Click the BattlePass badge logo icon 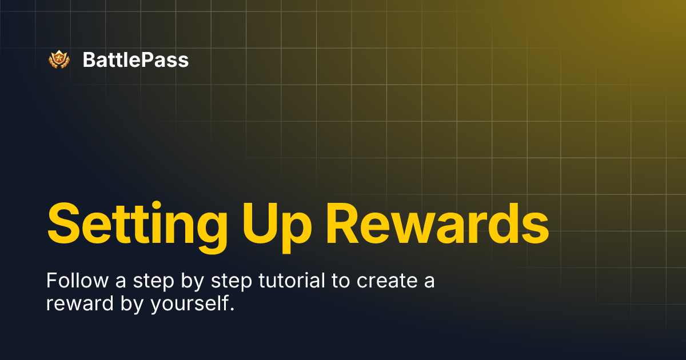[58, 59]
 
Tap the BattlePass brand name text [135, 59]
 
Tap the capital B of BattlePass [88, 59]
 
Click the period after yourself [232, 309]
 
